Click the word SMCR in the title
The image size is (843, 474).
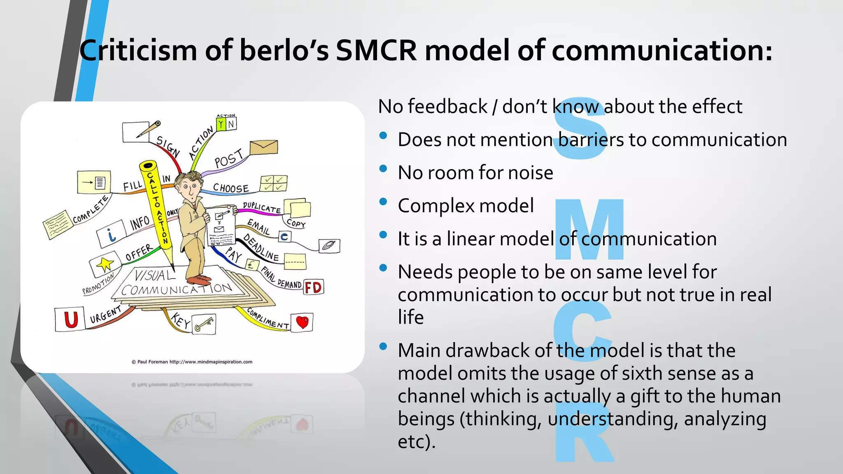pyautogui.click(x=376, y=50)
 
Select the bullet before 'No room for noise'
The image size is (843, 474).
pyautogui.click(x=383, y=168)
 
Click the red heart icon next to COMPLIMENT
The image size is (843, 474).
pyautogui.click(x=303, y=322)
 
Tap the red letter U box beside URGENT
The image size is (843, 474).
pyautogui.click(x=70, y=319)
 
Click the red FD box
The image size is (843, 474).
pyautogui.click(x=313, y=287)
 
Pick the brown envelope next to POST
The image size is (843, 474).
pyautogui.click(x=263, y=147)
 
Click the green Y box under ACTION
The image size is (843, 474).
pyautogui.click(x=221, y=124)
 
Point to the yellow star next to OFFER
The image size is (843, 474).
pyautogui.click(x=105, y=264)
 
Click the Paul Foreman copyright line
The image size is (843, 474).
pyautogui.click(x=192, y=362)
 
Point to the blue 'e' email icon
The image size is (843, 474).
pyautogui.click(x=284, y=237)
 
